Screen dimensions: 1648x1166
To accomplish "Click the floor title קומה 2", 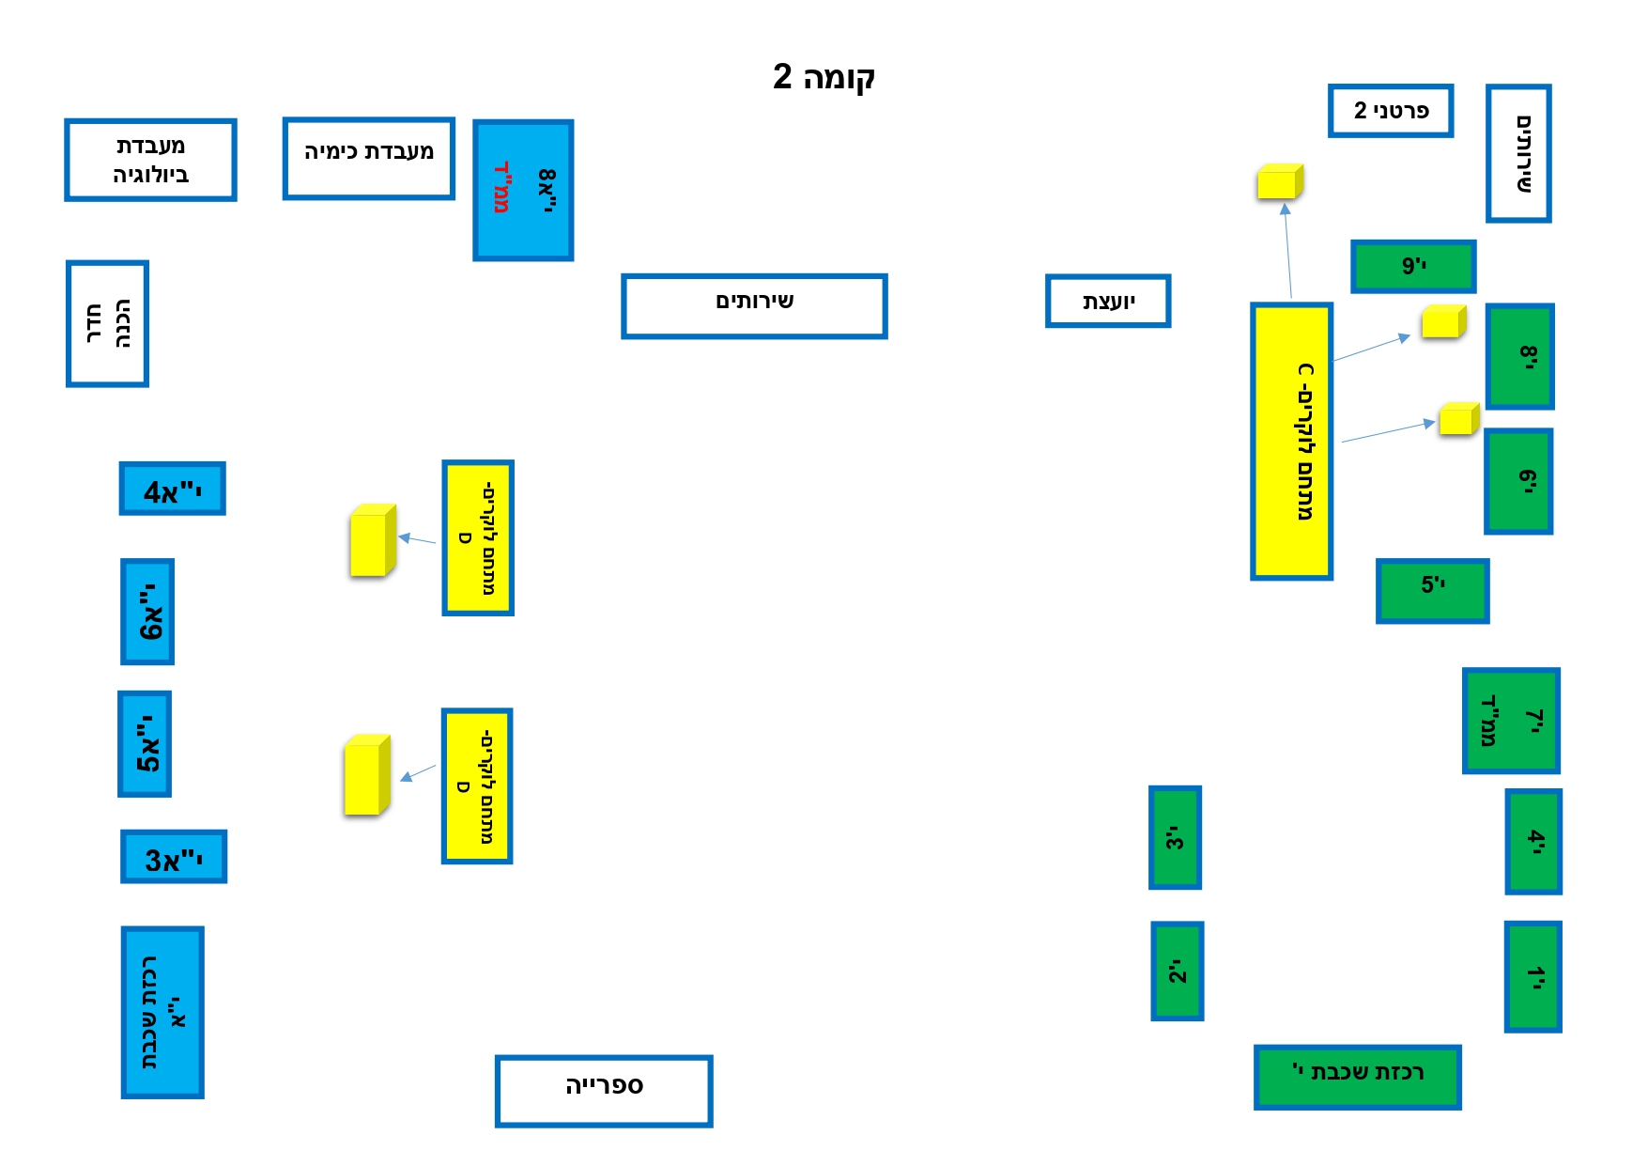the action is click(824, 76).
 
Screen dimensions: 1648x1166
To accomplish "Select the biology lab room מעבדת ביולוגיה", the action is click(150, 160).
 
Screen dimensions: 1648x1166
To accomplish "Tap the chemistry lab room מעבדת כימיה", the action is click(369, 159).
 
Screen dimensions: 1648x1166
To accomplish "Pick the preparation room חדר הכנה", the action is click(107, 324).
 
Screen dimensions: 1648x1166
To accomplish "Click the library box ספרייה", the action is click(604, 1091).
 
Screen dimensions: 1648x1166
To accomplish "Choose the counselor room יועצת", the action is click(1108, 301).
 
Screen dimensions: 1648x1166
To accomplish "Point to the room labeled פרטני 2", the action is click(1391, 111).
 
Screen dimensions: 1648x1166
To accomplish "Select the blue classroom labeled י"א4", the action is click(173, 489).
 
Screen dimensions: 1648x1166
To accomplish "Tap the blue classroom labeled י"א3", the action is click(174, 857).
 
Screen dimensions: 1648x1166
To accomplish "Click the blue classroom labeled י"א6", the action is click(147, 612).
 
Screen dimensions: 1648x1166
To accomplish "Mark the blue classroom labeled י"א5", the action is click(145, 744).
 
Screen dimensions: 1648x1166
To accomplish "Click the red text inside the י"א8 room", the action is click(502, 187).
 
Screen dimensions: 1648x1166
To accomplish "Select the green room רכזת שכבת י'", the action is click(1358, 1077).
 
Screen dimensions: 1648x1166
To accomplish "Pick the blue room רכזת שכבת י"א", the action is click(162, 1013).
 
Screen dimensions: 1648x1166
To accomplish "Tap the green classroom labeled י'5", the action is click(1433, 591).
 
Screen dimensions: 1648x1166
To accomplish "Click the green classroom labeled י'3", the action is click(1176, 838).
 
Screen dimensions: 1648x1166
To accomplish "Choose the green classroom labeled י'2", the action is click(1178, 972).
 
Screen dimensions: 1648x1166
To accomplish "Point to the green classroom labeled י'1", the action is click(1533, 977).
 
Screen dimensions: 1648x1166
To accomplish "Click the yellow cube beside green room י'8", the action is click(1444, 321).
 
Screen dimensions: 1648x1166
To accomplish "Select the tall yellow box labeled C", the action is click(1292, 442).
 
